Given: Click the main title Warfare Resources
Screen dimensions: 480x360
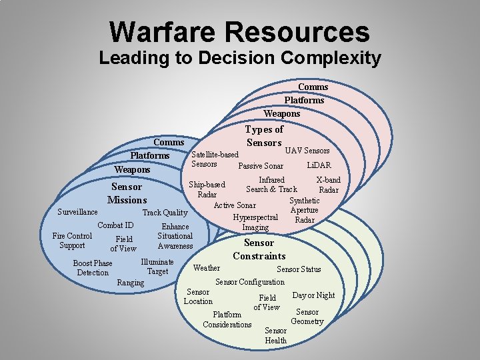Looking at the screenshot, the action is click(x=239, y=32).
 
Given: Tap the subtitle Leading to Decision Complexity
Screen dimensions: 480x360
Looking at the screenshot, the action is click(x=239, y=58).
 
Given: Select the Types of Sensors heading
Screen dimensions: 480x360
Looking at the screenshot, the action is click(x=264, y=136).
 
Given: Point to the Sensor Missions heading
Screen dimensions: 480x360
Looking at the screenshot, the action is click(x=127, y=193).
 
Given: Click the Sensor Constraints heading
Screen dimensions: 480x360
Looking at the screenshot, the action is click(x=259, y=249).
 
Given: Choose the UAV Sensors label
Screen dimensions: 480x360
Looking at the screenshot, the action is click(x=307, y=151).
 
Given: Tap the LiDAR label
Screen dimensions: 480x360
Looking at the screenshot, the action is click(x=319, y=165).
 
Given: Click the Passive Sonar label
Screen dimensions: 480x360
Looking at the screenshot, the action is click(x=260, y=166).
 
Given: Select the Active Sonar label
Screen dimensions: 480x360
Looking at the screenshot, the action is click(x=235, y=205).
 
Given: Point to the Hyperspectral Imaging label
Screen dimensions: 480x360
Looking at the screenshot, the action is click(x=255, y=222).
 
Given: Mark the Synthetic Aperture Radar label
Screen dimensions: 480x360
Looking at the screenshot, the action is click(x=304, y=210).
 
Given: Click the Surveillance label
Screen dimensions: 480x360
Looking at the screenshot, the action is click(x=77, y=212).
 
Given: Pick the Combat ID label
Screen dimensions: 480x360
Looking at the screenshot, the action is click(x=115, y=225).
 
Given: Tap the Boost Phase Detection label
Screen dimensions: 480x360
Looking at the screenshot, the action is click(x=93, y=268).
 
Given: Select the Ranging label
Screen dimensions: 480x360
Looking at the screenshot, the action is click(x=130, y=283).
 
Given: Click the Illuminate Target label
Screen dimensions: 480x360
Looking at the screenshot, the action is click(x=157, y=267).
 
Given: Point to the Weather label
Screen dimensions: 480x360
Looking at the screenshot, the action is click(x=206, y=268).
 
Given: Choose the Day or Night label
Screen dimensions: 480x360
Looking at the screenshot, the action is click(x=313, y=295).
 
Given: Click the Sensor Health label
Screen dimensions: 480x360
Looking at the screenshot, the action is click(x=275, y=335).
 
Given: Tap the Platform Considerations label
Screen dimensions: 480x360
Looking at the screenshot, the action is click(x=227, y=319).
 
